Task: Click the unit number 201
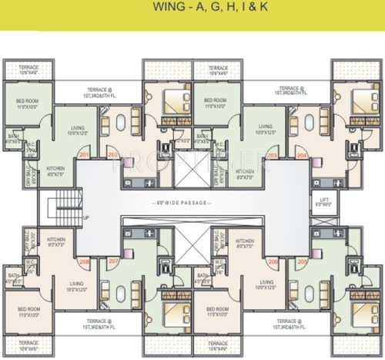coord(83,154)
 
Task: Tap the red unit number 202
coord(113,154)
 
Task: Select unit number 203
coord(273,154)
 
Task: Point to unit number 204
coord(302,154)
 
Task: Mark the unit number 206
coord(273,261)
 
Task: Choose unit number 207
coord(113,261)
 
